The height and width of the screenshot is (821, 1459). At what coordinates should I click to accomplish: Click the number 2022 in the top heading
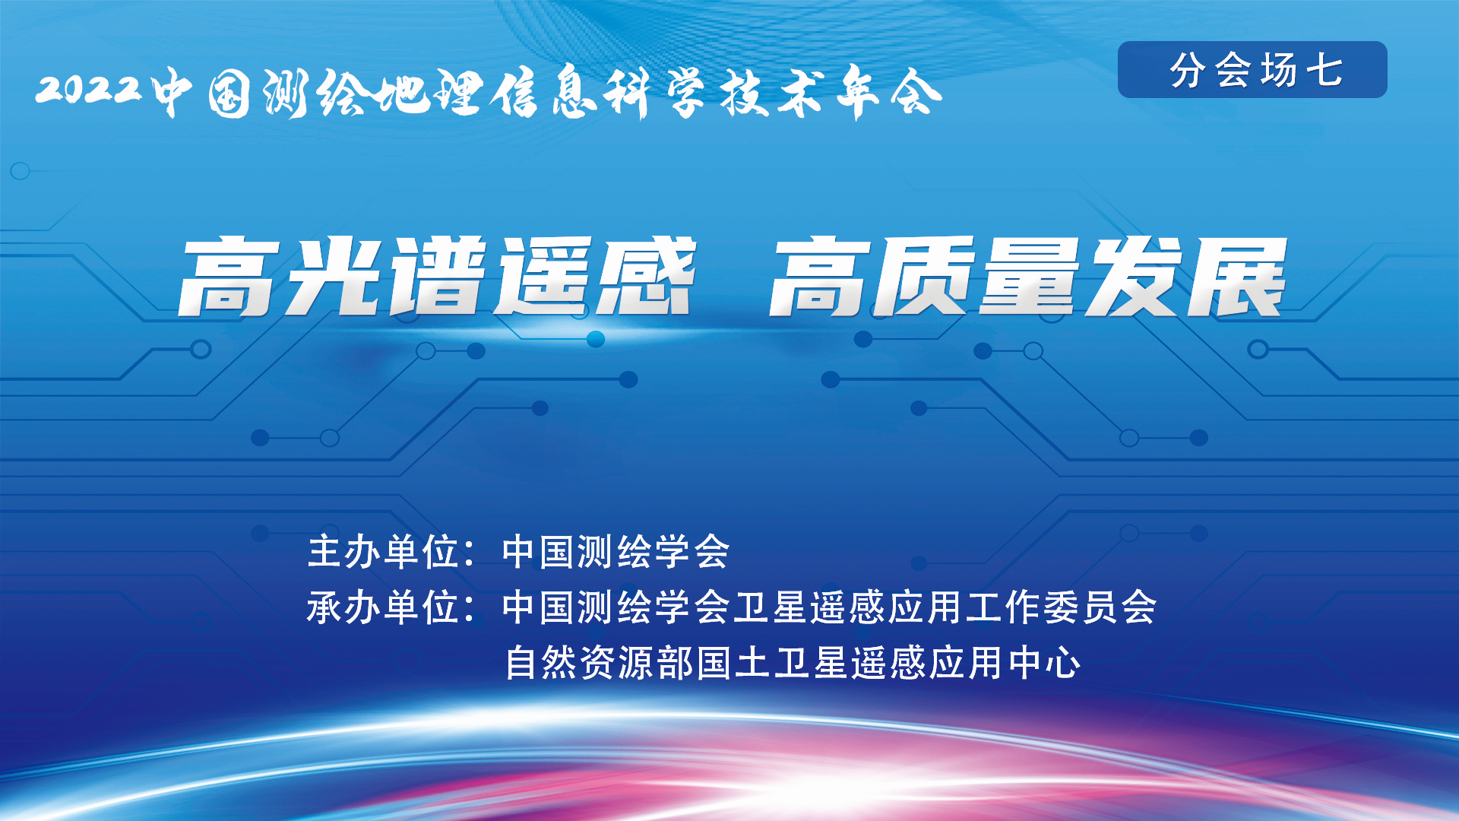coord(89,90)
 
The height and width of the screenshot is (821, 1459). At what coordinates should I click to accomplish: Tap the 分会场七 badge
coord(1252,70)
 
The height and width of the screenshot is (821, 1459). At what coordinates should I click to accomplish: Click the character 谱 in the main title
coord(438,276)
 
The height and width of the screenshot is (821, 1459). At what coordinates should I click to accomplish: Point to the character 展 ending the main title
coord(1236,276)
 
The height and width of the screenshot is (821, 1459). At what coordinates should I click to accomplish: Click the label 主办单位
coord(383,552)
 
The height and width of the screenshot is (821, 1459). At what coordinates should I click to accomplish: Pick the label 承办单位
coord(383,607)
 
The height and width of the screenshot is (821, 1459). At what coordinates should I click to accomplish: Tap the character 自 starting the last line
coord(523,662)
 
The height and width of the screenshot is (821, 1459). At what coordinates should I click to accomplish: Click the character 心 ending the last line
coord(1062,662)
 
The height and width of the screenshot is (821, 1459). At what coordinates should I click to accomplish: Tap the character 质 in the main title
coord(925,276)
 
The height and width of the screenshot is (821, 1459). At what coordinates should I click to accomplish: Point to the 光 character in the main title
coord(334,276)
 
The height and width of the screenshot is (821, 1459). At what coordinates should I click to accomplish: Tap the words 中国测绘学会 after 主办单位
coord(616,552)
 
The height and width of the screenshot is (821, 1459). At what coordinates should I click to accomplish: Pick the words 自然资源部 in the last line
coord(600,662)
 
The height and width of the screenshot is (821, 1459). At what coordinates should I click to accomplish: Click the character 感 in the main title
coord(645,276)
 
